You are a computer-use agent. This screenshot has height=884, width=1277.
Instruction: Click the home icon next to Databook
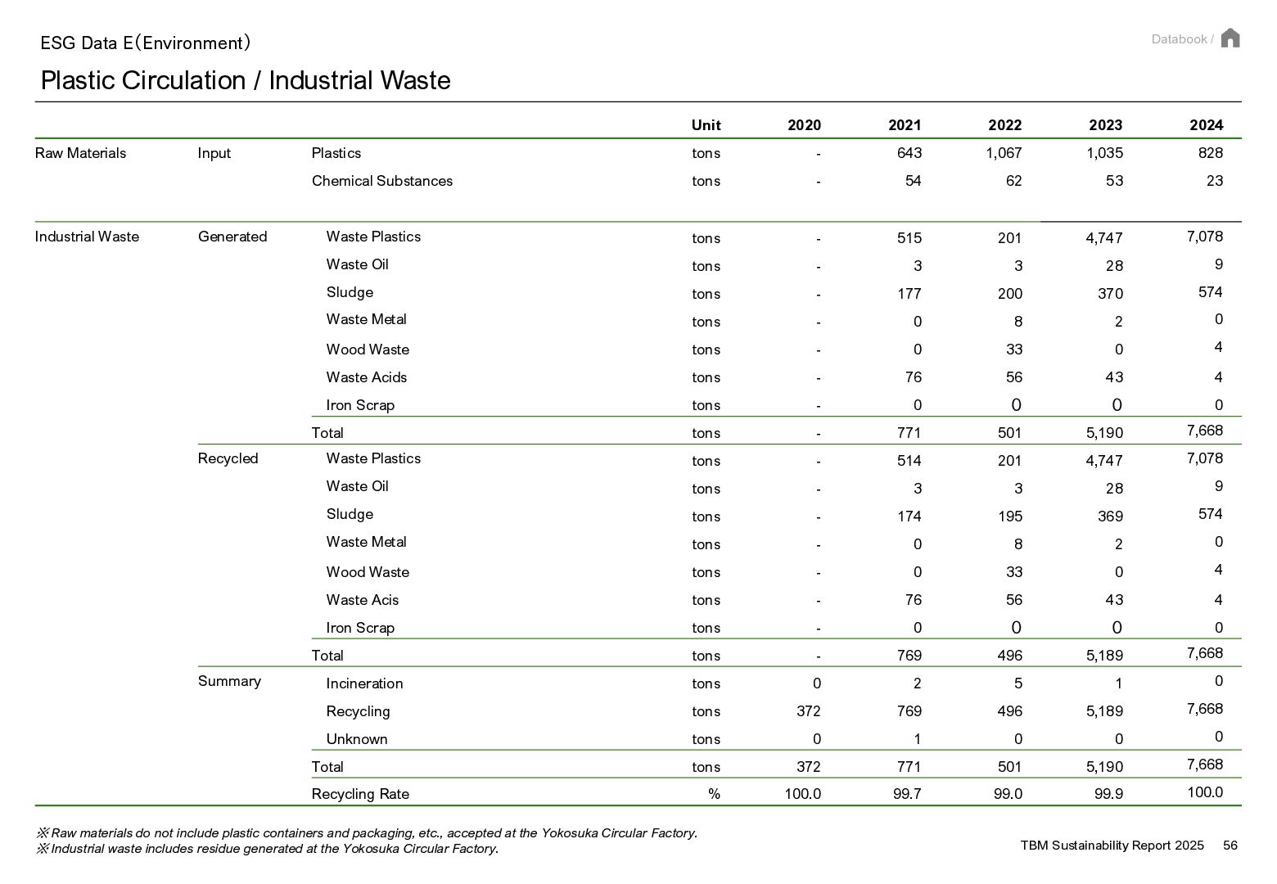point(1230,38)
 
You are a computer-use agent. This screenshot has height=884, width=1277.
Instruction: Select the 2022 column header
point(1004,125)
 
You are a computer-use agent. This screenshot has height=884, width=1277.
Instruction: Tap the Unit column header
point(706,125)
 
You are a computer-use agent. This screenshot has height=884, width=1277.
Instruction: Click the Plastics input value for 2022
point(1004,153)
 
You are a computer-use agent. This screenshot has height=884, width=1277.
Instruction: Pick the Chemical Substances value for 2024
point(1214,181)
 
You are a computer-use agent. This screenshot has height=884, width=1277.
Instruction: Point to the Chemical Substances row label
point(382,181)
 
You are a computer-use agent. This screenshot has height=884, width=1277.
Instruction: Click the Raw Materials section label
point(80,153)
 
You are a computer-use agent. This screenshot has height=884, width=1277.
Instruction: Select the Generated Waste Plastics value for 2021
point(909,237)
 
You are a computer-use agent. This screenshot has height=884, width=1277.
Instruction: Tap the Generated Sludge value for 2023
point(1110,294)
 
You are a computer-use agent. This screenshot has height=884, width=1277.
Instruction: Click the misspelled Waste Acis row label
point(362,600)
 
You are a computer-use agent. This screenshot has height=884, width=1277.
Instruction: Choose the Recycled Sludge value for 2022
point(1009,516)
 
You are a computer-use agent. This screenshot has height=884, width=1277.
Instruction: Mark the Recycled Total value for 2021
point(909,656)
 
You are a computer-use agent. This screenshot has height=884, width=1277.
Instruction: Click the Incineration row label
point(364,683)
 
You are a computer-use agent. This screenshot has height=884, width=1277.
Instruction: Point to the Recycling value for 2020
point(809,711)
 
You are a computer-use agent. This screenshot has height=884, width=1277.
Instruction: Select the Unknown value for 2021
point(918,739)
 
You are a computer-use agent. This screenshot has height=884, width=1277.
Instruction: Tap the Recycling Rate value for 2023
point(1108,794)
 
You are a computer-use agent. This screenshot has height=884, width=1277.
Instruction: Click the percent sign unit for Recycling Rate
point(714,794)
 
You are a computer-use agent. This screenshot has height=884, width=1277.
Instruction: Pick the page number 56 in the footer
point(1230,846)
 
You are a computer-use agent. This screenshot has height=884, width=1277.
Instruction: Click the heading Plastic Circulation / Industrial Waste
point(246,80)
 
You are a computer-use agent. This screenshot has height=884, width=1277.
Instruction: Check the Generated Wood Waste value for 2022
point(1013,350)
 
